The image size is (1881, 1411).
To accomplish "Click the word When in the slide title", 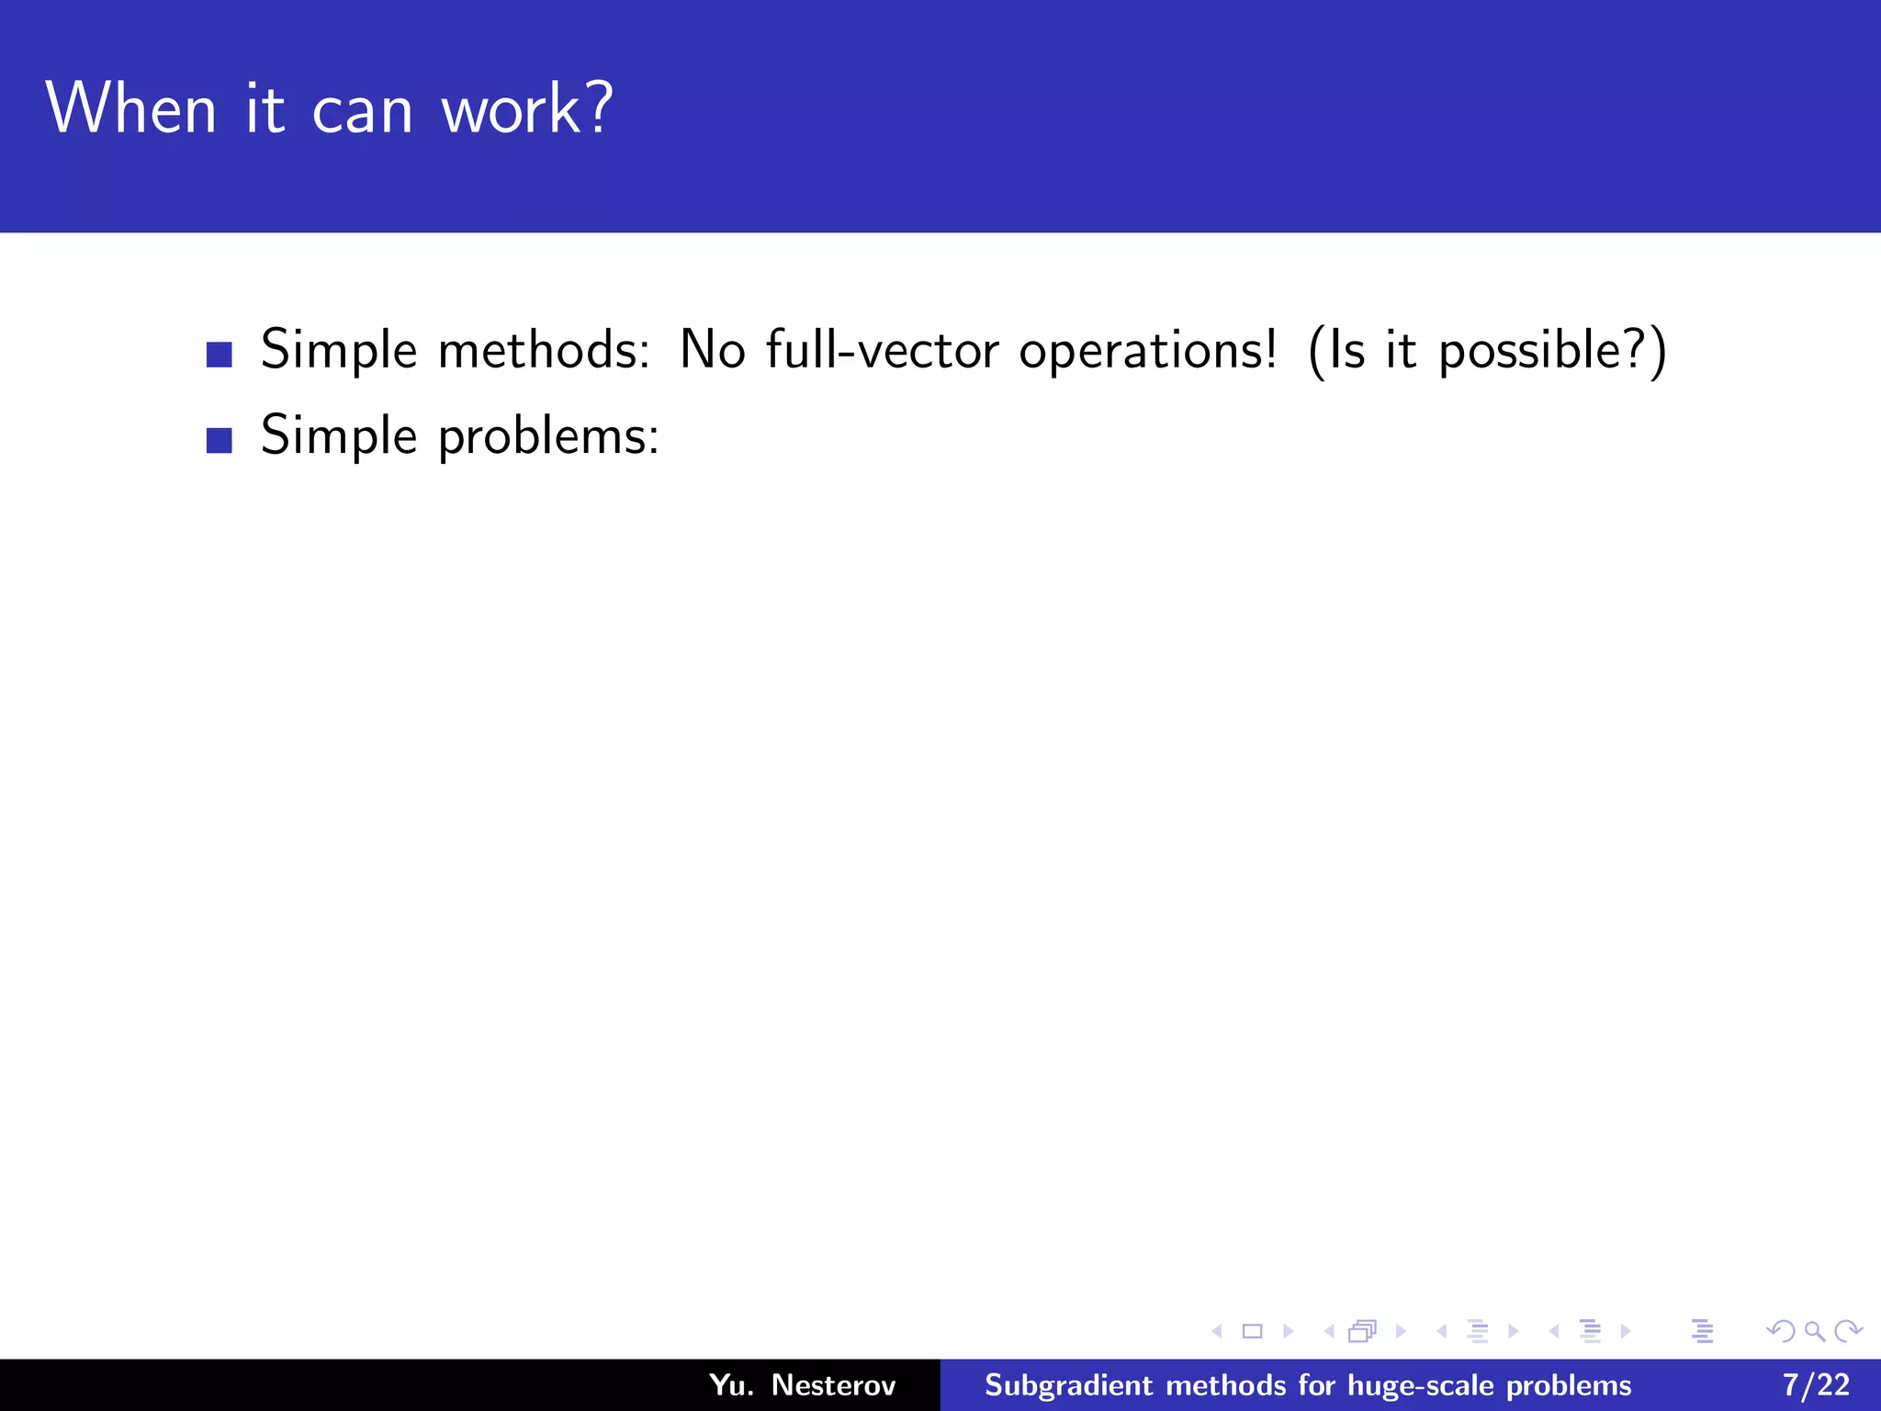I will click(x=130, y=108).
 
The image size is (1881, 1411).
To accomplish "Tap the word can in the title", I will click(x=362, y=112).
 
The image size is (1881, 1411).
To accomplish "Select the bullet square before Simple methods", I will click(x=220, y=355).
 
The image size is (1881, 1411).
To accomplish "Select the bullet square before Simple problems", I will click(x=220, y=440).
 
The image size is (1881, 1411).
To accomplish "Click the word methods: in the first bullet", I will click(x=544, y=350).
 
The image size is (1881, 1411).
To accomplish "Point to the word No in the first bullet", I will click(x=712, y=350).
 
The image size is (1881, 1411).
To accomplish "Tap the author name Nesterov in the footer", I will click(x=833, y=1385).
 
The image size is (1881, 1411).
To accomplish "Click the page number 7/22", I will click(x=1816, y=1385).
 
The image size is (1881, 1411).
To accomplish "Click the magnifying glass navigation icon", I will click(x=1814, y=1331).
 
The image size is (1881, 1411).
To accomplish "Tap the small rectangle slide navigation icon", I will click(x=1252, y=1331).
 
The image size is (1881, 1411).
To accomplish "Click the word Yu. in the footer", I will click(x=731, y=1385).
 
